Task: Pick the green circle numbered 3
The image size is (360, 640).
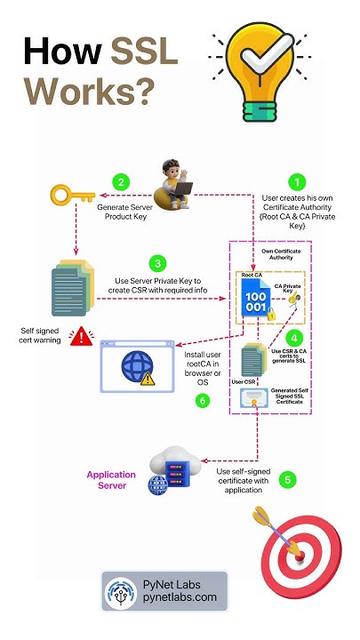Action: (x=157, y=264)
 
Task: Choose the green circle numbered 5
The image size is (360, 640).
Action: (x=286, y=480)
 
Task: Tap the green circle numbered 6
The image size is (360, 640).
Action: (x=202, y=400)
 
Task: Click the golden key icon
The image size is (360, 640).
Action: (x=72, y=195)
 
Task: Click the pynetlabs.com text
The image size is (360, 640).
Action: (x=180, y=598)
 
